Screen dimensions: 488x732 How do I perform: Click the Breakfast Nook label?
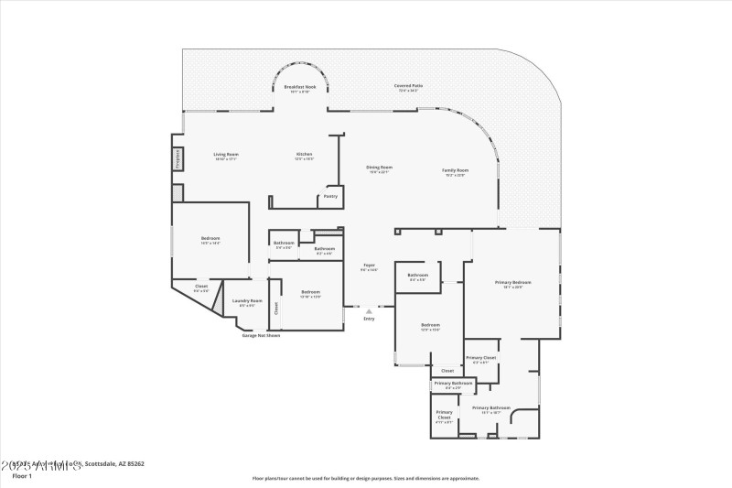coord(300,87)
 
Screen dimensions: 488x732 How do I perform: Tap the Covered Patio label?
coord(407,86)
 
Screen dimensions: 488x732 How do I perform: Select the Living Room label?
coord(225,155)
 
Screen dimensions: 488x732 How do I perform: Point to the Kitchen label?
coord(305,154)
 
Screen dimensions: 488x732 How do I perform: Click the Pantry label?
coord(330,195)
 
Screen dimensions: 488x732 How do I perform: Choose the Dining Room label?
coord(380,168)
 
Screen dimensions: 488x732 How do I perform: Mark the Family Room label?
coord(456,170)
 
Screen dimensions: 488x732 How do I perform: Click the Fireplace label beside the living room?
coord(178,158)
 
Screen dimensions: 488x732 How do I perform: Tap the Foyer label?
coord(369,266)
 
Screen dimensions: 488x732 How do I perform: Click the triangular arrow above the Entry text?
coord(370,311)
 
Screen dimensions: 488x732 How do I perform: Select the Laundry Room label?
coord(247,301)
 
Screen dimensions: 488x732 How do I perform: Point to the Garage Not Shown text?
coord(261,335)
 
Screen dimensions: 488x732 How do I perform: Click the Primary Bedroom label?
coord(512,283)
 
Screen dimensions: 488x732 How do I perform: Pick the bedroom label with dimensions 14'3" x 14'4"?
coord(210,239)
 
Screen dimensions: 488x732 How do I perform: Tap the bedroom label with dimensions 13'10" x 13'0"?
coord(311,293)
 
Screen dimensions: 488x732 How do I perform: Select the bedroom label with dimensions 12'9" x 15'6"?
coord(430,325)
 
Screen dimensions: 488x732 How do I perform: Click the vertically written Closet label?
coord(275,309)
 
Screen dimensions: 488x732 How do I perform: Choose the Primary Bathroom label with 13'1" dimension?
coord(491,408)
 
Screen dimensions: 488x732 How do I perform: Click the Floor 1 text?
coord(22,476)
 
